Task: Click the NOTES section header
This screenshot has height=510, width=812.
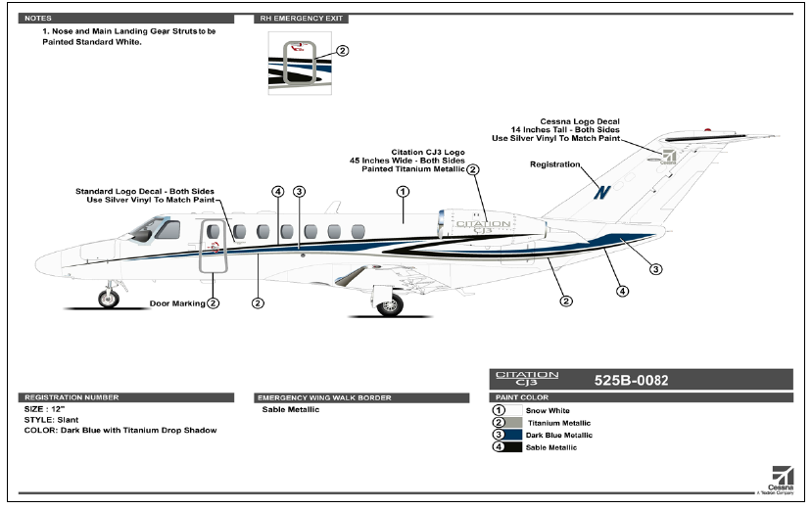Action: point(39,19)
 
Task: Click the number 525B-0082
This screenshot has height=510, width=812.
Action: point(631,378)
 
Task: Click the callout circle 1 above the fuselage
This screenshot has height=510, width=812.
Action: point(403,192)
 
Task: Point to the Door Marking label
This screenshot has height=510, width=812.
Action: point(177,303)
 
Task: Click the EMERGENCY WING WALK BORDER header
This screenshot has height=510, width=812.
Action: point(323,397)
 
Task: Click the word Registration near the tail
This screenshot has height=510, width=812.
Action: point(554,164)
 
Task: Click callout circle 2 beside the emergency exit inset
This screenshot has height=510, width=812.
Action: point(342,51)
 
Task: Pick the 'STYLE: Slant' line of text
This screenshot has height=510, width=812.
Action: point(51,419)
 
